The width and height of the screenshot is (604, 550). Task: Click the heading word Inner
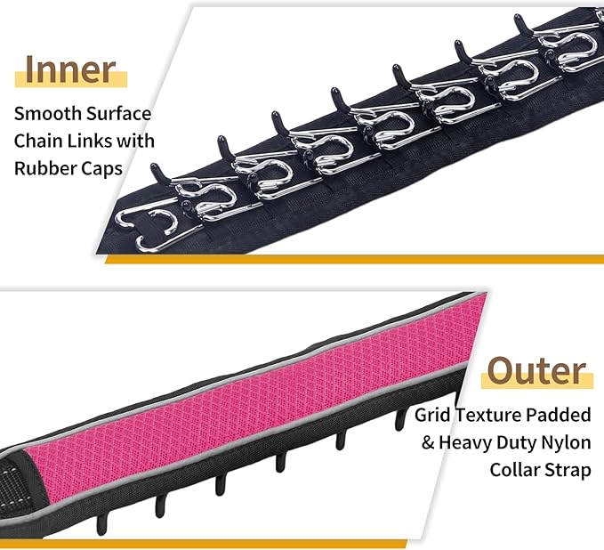coord(70,69)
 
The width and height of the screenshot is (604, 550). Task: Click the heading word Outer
coord(537,371)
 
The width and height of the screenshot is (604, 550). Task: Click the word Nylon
coord(567,443)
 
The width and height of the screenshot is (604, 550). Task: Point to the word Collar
coord(511,470)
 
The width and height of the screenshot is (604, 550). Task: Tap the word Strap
coord(564,471)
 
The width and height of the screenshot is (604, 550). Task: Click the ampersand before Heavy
coord(428,443)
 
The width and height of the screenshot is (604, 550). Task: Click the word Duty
coord(517,443)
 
